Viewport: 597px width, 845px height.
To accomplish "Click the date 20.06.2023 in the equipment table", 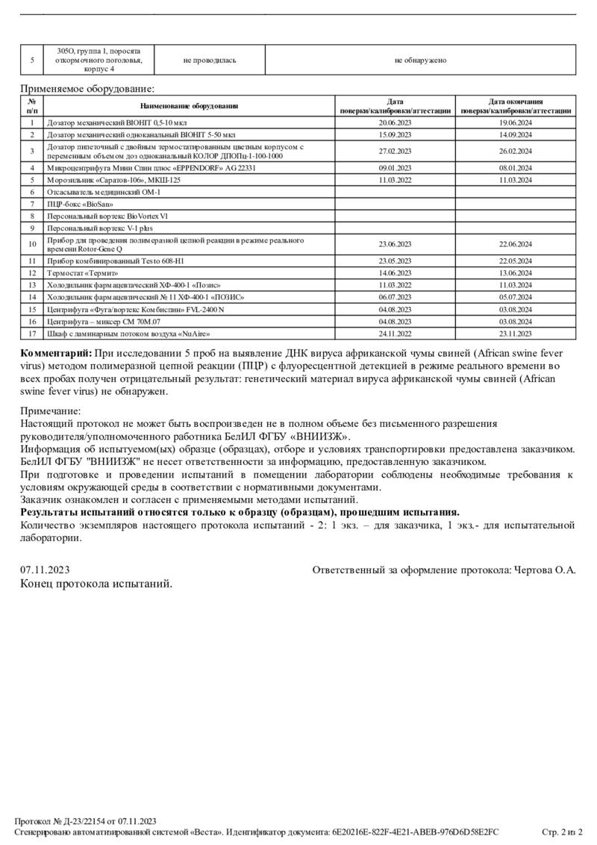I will (x=396, y=122).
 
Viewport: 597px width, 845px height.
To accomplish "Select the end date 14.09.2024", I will (x=515, y=135).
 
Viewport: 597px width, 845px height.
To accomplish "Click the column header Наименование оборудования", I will (x=189, y=106).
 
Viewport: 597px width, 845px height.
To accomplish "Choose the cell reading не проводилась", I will (x=210, y=60).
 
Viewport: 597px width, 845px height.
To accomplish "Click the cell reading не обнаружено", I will (x=420, y=60).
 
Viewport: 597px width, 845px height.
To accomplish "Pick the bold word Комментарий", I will (x=55, y=352).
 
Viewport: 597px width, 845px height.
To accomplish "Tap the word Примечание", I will (x=50, y=411).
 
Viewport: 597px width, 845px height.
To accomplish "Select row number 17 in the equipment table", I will (x=32, y=333).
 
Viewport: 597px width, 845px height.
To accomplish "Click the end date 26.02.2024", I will (x=515, y=152).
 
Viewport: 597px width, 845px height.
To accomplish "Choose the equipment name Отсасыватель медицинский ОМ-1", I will (x=104, y=192).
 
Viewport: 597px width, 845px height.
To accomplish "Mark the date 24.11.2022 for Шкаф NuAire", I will (x=396, y=333).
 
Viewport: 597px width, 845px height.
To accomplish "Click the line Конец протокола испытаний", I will (x=96, y=584).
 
